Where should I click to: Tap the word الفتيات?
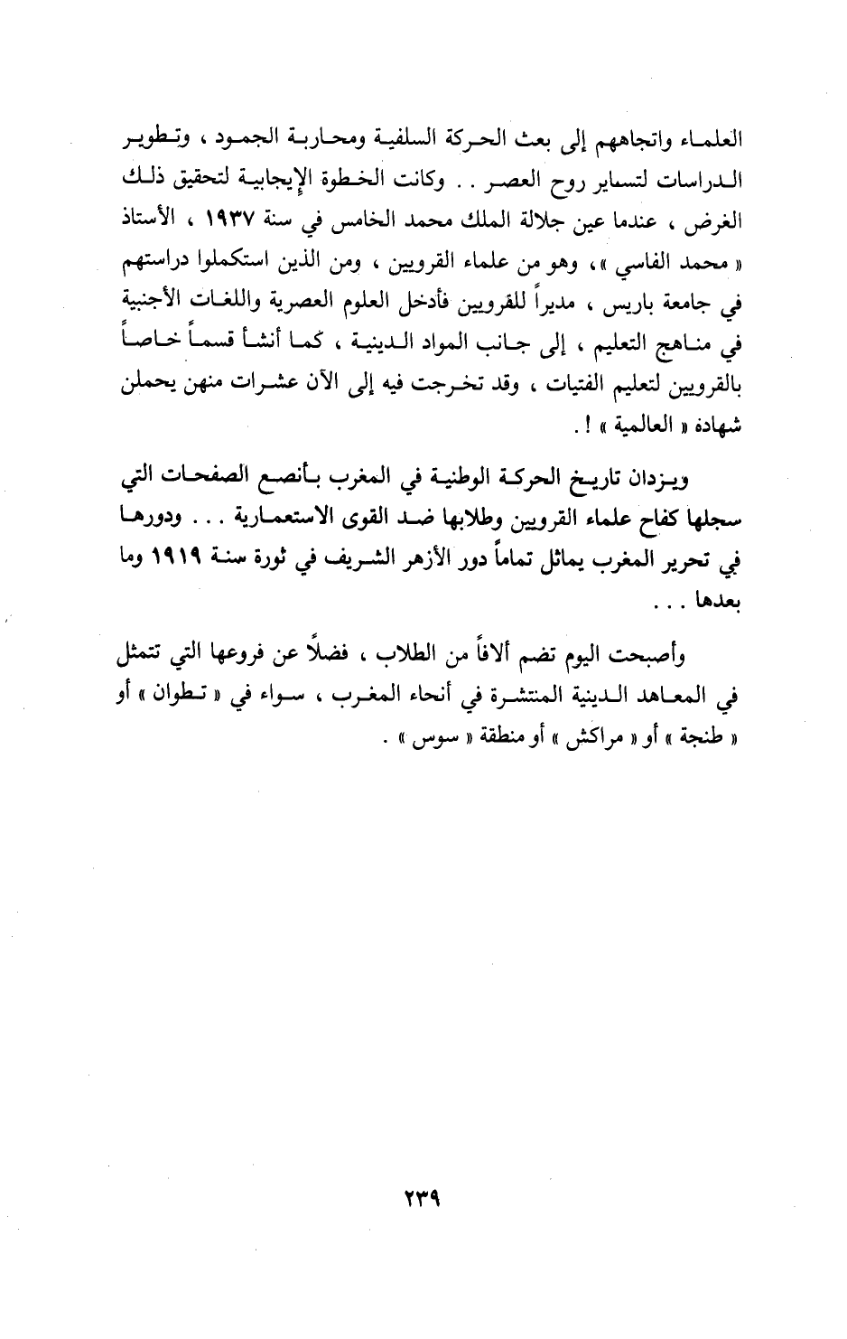point(554,387)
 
